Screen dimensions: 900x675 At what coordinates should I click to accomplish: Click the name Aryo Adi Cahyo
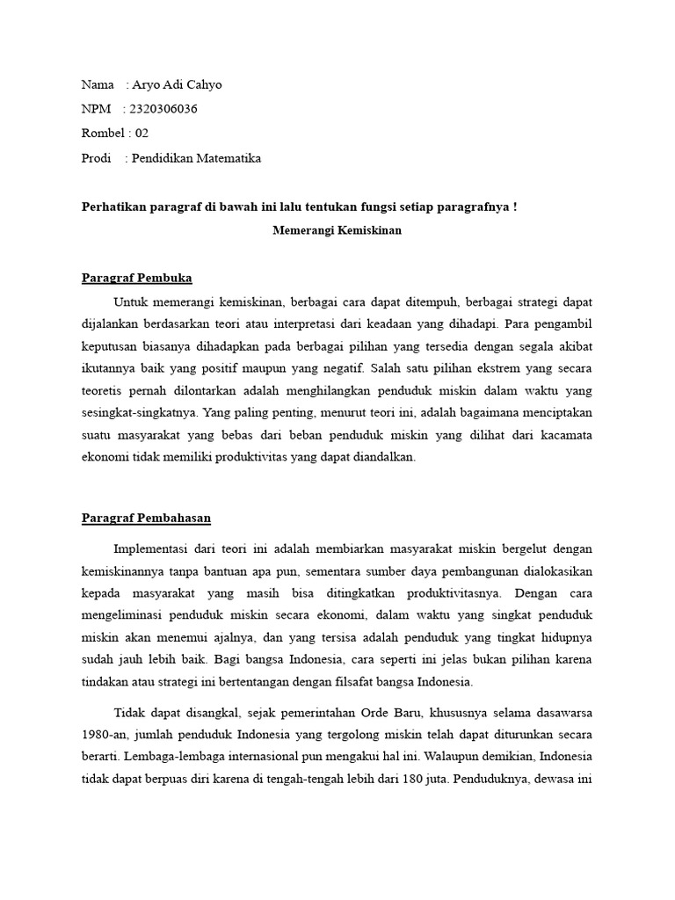click(174, 85)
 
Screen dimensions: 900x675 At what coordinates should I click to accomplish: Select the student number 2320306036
click(163, 109)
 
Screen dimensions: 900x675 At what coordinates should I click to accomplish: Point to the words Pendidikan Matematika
click(196, 158)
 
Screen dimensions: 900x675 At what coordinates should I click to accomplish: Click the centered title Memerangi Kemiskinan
click(337, 231)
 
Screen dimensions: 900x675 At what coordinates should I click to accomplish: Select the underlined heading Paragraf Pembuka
click(136, 279)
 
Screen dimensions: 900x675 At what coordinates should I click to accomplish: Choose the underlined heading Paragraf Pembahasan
click(146, 518)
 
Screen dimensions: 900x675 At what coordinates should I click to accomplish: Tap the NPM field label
click(96, 109)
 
